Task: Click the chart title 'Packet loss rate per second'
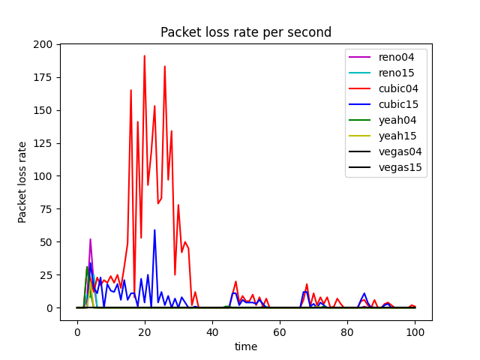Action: (246, 33)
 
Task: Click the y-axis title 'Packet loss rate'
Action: (23, 182)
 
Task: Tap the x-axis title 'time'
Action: (246, 346)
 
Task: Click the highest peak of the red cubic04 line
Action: (145, 56)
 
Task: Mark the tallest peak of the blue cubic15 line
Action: (154, 230)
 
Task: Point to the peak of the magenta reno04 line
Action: (91, 239)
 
